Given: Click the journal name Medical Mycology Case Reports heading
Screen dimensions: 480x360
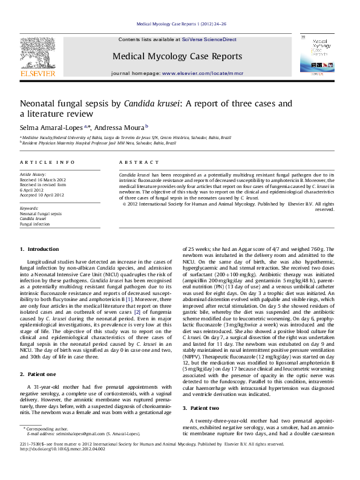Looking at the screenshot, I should click(177, 56).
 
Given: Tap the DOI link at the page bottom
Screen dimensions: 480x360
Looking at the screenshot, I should click(63, 466).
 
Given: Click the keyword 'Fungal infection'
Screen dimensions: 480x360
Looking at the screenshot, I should click(35, 224).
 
